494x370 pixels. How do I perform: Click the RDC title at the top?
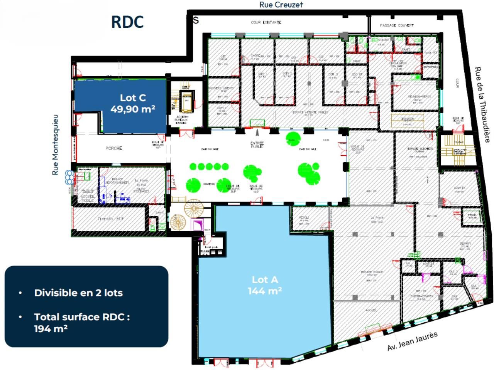tap(127, 22)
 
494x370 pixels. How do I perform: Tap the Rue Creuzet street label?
tap(281, 5)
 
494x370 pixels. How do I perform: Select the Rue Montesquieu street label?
tap(56, 145)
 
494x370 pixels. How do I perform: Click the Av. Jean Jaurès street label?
tap(412, 341)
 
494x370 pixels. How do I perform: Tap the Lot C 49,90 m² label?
tap(132, 104)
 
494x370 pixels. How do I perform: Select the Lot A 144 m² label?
tap(264, 285)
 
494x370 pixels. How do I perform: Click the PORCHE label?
tap(114, 148)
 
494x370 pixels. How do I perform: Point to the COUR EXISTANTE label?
tap(266, 22)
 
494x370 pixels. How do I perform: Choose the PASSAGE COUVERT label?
tap(397, 25)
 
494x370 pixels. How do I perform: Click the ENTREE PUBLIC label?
tap(257, 145)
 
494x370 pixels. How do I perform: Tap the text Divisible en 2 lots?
tap(78, 293)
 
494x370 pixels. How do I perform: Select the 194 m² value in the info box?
tap(51, 329)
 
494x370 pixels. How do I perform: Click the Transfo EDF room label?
tap(111, 219)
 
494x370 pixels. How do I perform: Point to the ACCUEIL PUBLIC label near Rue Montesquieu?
tap(88, 198)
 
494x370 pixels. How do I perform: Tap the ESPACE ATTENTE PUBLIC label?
tap(310, 112)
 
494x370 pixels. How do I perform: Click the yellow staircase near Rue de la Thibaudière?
tap(458, 148)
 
